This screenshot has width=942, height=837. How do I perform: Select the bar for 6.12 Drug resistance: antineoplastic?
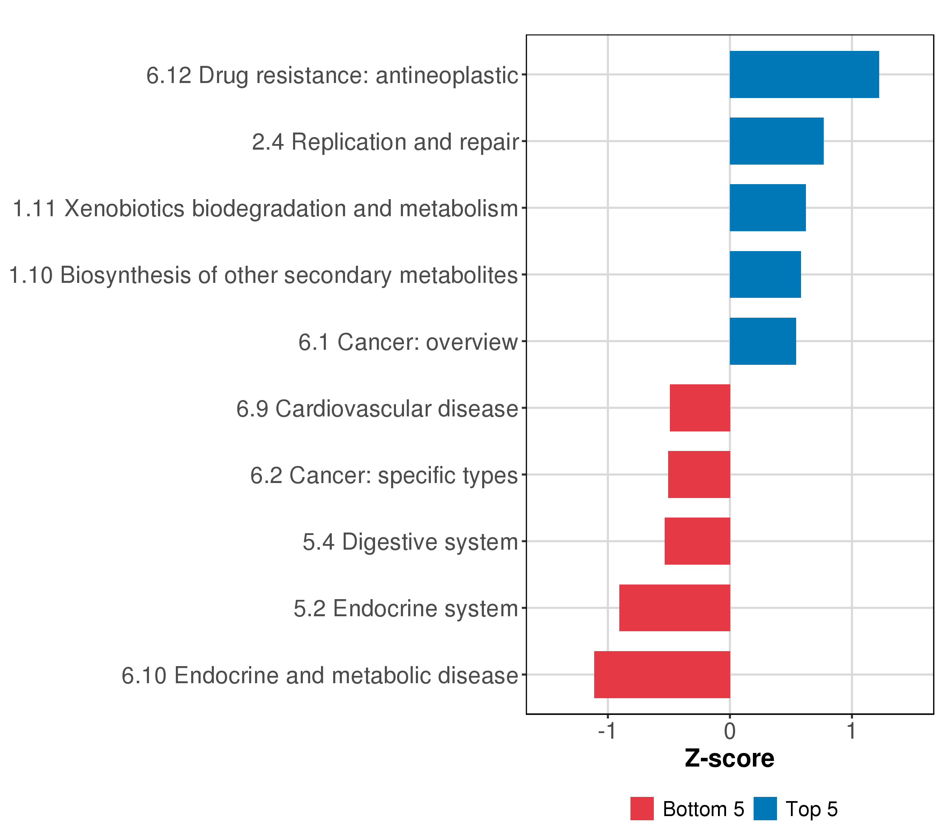(x=804, y=75)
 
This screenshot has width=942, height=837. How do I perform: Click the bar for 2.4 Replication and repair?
(x=777, y=141)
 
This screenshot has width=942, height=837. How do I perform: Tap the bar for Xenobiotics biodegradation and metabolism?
(x=768, y=208)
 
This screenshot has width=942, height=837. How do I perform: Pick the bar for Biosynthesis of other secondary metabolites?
(x=765, y=274)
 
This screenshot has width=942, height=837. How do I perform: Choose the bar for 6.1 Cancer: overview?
(x=763, y=341)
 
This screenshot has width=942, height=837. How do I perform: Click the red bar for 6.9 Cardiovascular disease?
(x=700, y=408)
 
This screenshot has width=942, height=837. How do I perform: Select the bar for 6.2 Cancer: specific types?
(x=699, y=474)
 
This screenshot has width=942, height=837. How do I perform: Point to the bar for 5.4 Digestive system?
(x=697, y=541)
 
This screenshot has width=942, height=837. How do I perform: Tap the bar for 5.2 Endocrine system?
(x=675, y=608)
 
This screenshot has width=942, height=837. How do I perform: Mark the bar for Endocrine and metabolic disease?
(x=662, y=674)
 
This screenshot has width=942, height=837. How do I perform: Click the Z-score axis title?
(x=730, y=759)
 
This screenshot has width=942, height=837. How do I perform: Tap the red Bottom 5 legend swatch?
(x=642, y=809)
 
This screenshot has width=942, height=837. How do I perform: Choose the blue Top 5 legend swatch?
(x=765, y=809)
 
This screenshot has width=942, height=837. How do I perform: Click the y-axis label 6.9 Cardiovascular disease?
(x=377, y=409)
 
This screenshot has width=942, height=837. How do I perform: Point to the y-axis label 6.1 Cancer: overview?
(x=408, y=342)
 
